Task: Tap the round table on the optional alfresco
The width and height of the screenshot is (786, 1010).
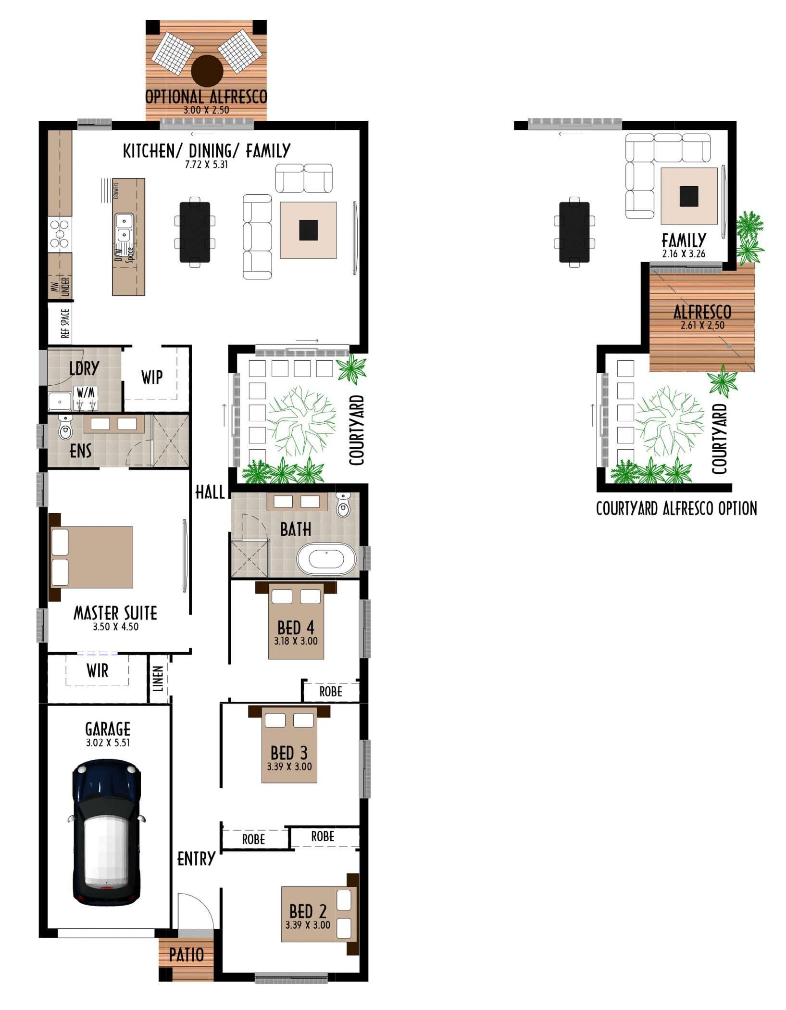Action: [207, 71]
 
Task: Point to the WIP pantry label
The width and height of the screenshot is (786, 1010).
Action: [152, 378]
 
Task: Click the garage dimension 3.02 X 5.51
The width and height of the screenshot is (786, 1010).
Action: [108, 743]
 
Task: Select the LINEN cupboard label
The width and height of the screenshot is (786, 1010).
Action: [158, 679]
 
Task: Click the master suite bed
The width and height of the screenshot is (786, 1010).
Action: [91, 557]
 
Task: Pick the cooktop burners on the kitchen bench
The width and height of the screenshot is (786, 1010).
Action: [60, 233]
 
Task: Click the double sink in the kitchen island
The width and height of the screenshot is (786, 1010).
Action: [124, 228]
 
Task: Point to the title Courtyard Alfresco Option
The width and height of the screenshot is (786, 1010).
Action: [676, 508]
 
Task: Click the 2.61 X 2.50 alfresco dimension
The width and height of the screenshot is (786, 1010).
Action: [702, 325]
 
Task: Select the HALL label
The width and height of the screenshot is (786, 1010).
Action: [210, 492]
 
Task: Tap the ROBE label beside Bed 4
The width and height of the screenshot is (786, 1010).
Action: [331, 692]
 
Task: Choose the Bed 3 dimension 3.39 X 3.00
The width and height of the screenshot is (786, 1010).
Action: [289, 767]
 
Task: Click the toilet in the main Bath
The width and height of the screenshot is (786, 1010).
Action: [343, 505]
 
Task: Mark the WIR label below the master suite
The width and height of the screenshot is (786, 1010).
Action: [98, 670]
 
